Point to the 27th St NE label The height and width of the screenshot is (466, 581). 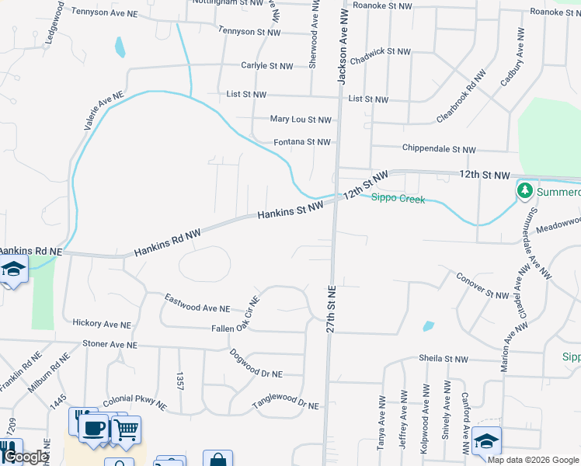click(x=331, y=308)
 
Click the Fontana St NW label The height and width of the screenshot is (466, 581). click(x=302, y=142)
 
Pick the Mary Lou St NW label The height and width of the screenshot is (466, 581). click(x=301, y=120)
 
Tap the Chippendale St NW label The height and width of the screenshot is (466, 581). click(x=439, y=149)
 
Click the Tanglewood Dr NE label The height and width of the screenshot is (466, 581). click(x=286, y=403)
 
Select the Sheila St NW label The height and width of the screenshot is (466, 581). click(x=444, y=359)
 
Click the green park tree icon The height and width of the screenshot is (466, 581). click(x=525, y=190)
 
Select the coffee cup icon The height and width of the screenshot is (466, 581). click(x=94, y=428)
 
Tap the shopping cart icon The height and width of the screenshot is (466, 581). click(x=126, y=428)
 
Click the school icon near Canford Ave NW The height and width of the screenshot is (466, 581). click(x=486, y=440)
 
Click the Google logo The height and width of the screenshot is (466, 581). click(x=25, y=457)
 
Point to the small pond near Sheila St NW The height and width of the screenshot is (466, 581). click(x=428, y=326)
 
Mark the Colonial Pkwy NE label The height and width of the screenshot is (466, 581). click(x=134, y=400)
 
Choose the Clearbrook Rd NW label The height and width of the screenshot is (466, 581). click(x=461, y=96)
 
